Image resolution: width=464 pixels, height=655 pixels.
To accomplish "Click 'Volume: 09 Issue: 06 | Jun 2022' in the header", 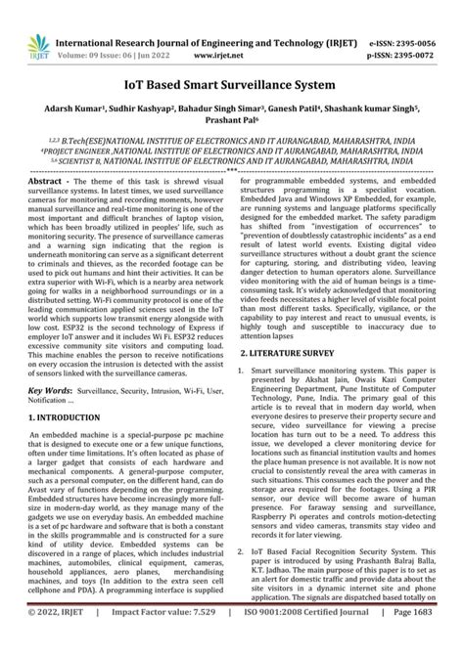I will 85,30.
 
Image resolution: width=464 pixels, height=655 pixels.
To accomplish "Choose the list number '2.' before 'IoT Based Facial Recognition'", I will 245,578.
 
